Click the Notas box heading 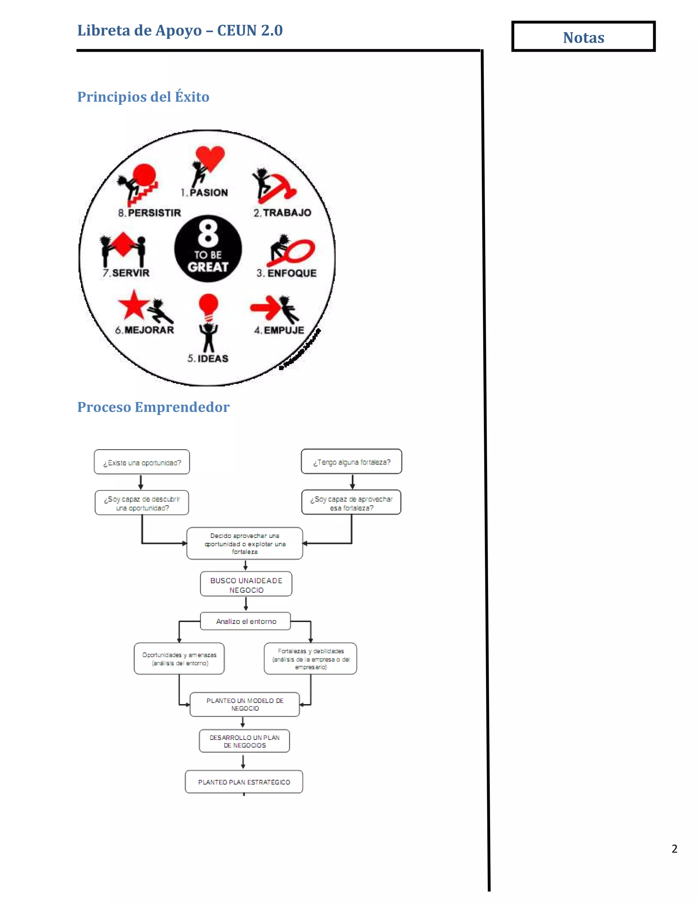point(583,37)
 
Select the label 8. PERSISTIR point(150,213)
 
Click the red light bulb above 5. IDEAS point(208,305)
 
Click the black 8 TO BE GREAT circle point(208,248)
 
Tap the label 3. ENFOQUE point(286,273)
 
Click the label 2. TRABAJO point(283,213)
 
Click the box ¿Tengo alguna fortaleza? point(351,461)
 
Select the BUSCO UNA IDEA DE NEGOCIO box point(246,584)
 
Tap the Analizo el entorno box point(246,621)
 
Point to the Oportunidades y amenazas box point(179,659)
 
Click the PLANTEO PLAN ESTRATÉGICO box point(244,782)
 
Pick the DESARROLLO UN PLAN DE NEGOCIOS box point(244,741)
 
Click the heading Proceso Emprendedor point(153,407)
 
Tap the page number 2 point(674,848)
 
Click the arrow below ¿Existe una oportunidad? point(141,482)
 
